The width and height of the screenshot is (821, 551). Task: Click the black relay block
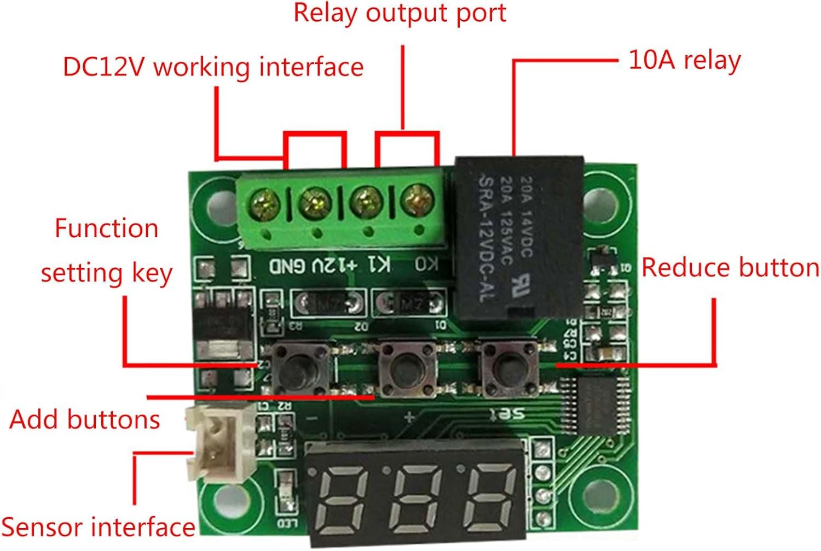(x=519, y=238)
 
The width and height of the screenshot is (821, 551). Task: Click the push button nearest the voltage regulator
(x=299, y=367)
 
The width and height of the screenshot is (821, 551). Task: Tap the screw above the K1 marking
(x=366, y=202)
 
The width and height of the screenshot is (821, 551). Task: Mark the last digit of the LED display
(x=490, y=496)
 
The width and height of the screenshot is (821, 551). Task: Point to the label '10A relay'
(x=684, y=60)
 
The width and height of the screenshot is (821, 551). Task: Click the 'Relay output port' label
(x=400, y=13)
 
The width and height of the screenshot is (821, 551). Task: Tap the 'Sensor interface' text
(x=99, y=527)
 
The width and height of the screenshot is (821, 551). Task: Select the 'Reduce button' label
(x=730, y=268)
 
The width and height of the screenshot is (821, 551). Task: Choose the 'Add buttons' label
(x=85, y=420)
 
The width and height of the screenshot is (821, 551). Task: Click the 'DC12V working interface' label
(x=213, y=67)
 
